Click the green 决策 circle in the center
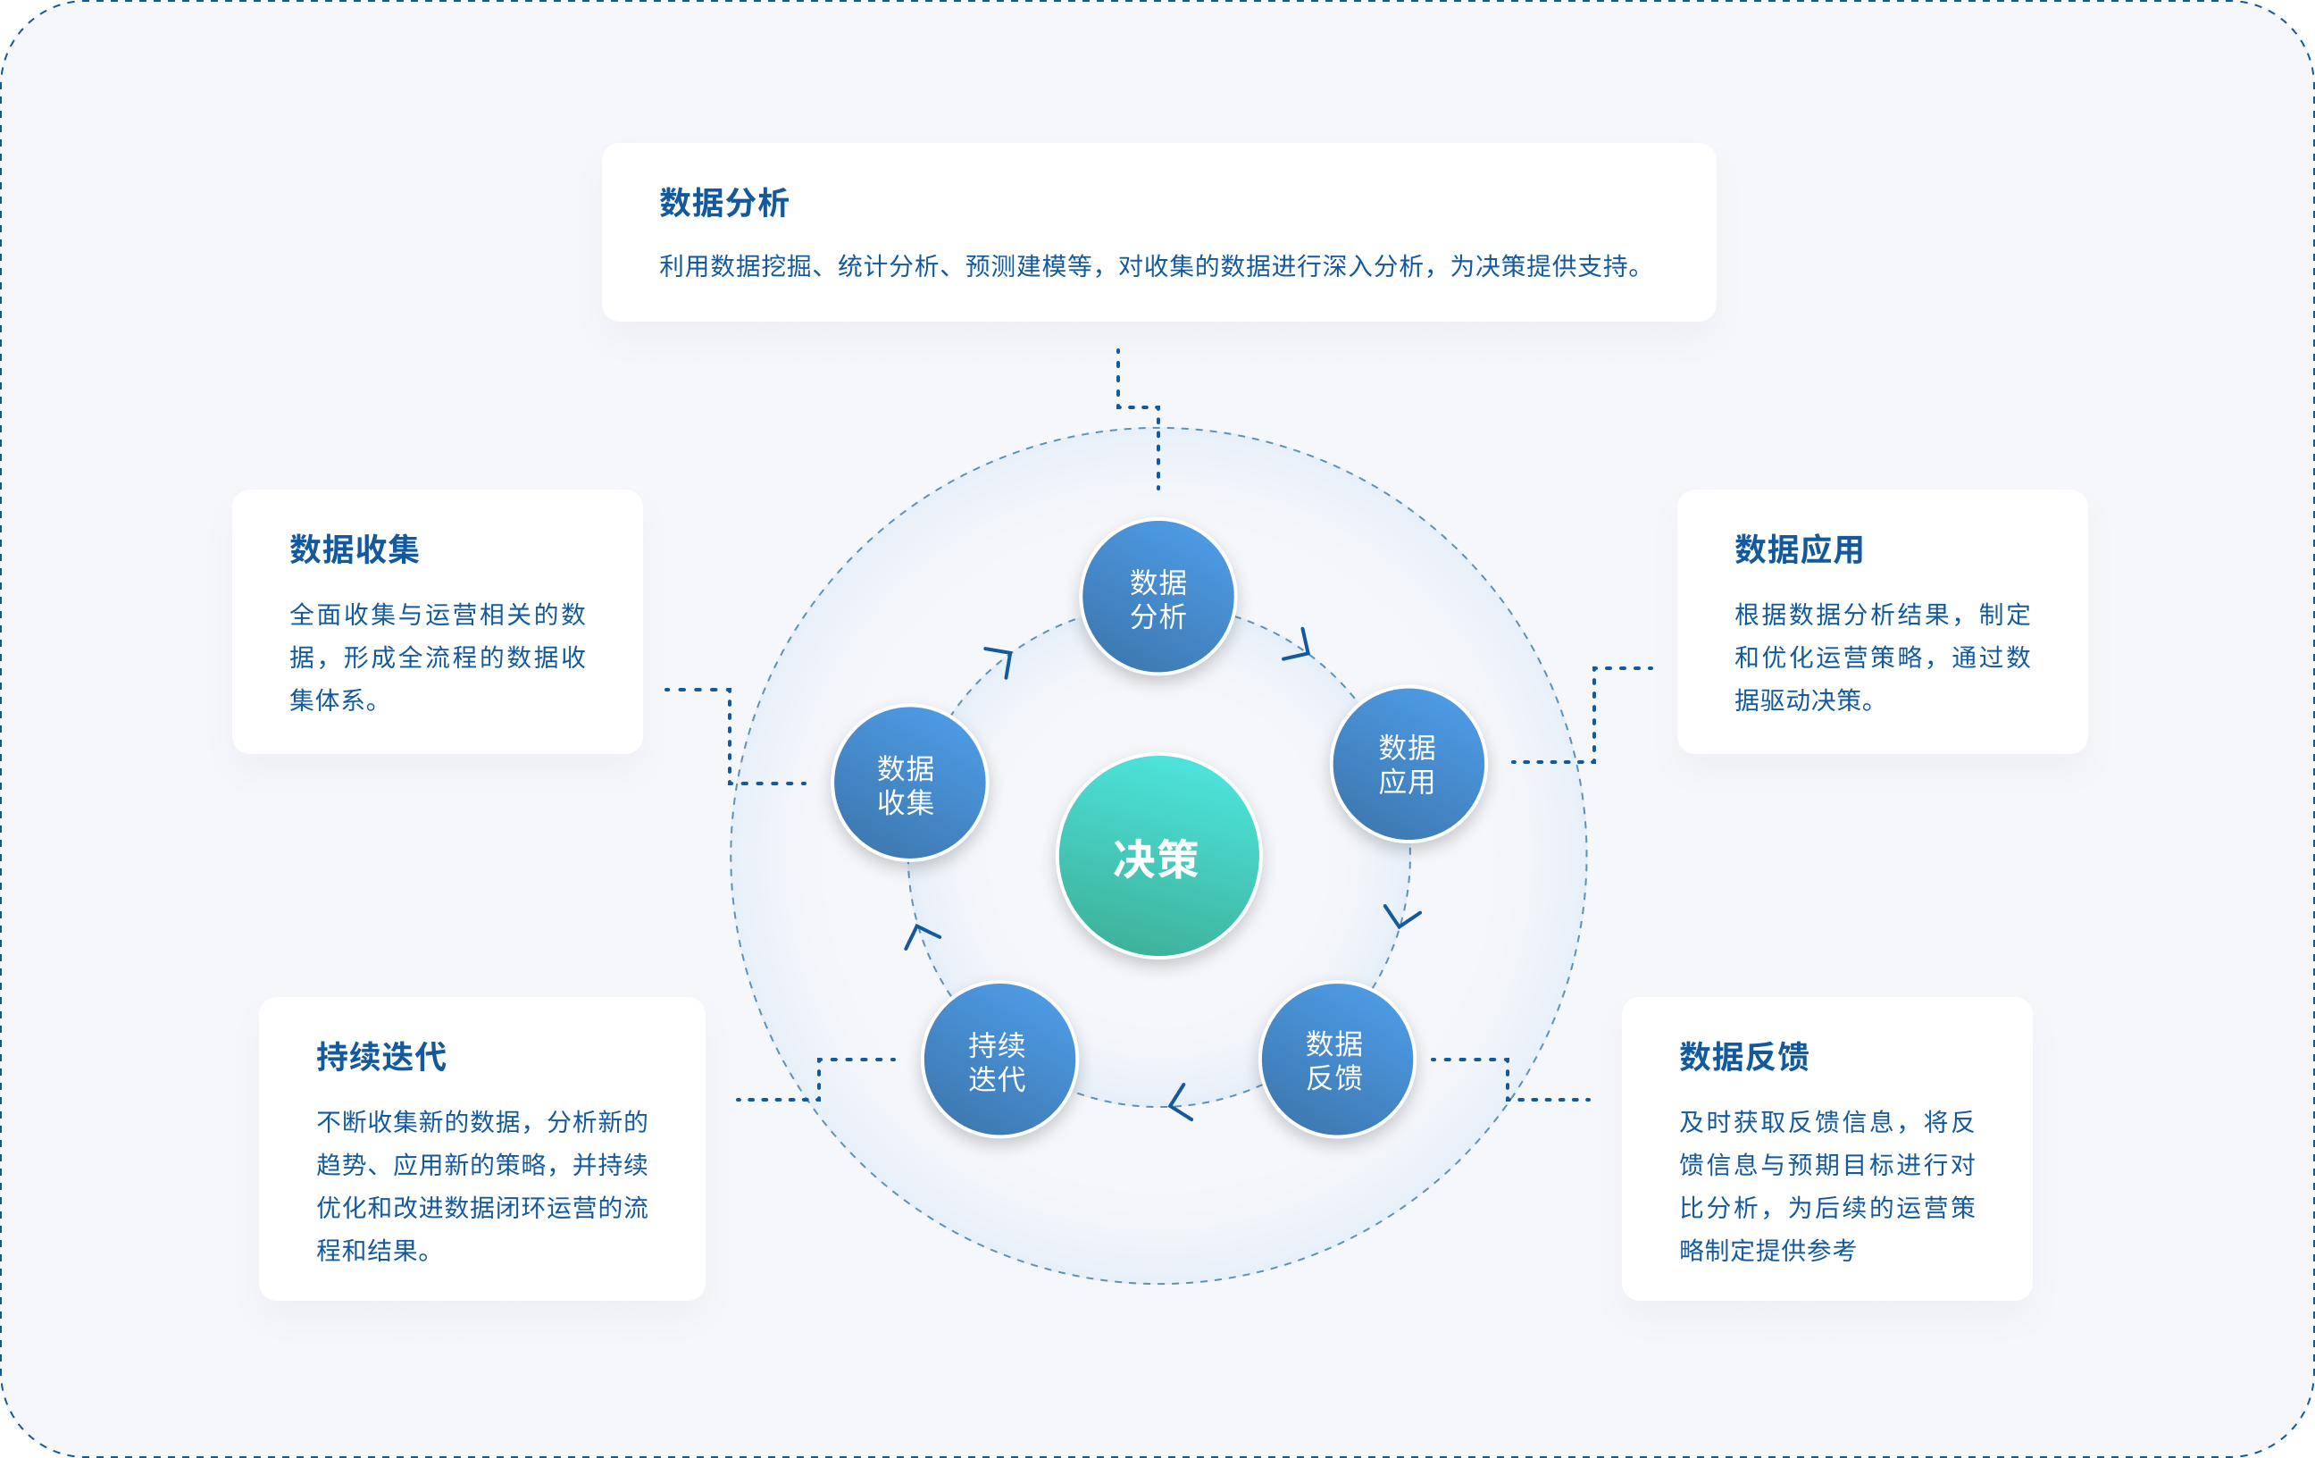(1157, 856)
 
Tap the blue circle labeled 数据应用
(1408, 765)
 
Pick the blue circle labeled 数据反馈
(1335, 1059)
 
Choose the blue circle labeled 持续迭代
(998, 1060)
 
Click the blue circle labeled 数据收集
(907, 783)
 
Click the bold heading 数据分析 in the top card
(724, 203)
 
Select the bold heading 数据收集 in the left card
(354, 549)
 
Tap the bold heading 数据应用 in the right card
(1799, 549)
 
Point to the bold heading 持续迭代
(380, 1056)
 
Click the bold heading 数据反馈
(1744, 1056)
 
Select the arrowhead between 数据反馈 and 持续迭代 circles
(1179, 1103)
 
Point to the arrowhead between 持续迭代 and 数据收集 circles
(920, 934)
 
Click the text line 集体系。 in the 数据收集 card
(334, 700)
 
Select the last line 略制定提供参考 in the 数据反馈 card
(1767, 1250)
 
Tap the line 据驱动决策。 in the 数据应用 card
(1804, 700)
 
